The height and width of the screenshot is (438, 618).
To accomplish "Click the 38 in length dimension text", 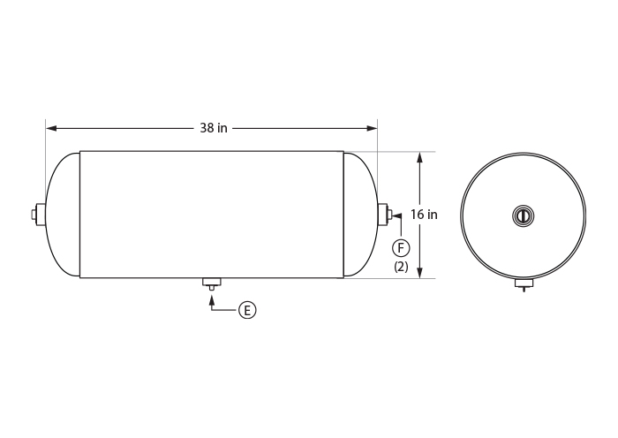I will [x=213, y=128].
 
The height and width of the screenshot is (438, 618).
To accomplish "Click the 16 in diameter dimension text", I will [x=424, y=215].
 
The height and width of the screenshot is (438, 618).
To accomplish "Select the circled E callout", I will [x=248, y=310].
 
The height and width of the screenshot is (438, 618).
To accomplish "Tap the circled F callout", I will [x=401, y=246].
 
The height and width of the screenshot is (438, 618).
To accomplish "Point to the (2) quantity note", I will [x=401, y=267].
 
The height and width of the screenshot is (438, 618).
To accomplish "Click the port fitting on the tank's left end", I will [x=37, y=215].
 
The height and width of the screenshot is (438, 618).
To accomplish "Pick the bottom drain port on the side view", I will [x=212, y=283].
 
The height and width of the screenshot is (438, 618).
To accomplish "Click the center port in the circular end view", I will [x=523, y=215].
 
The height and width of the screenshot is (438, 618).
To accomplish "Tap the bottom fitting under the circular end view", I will [x=524, y=283].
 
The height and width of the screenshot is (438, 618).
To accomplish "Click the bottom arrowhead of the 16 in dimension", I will [x=420, y=272].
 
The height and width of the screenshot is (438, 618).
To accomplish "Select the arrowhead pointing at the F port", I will [x=396, y=215].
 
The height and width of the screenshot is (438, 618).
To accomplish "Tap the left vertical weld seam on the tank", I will [x=80, y=215].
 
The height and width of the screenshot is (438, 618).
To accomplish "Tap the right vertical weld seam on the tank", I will [x=343, y=215].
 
